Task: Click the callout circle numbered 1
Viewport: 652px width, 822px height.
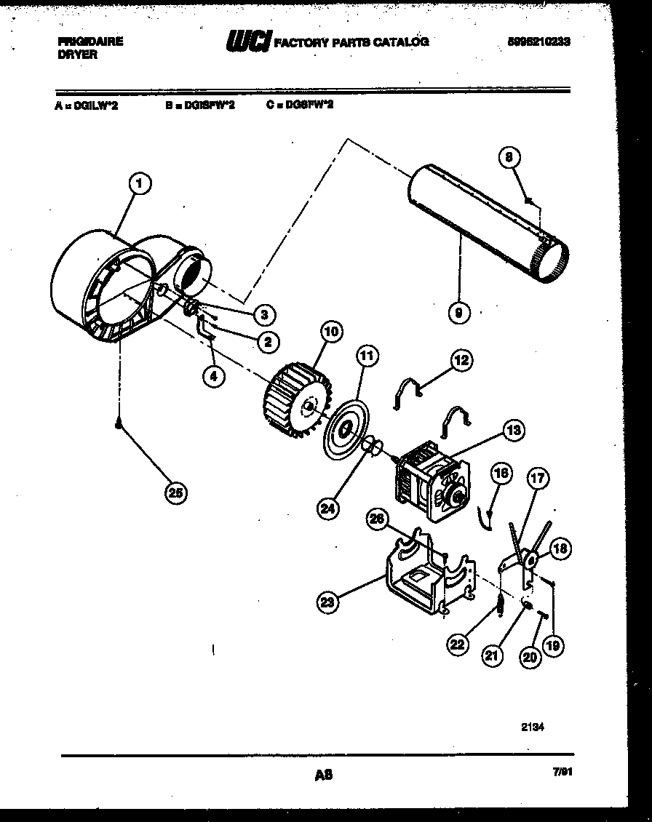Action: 140,183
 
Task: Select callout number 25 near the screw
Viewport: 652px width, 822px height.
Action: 175,494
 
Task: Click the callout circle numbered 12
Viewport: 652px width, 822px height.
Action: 461,359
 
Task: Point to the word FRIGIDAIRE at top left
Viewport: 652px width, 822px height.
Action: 90,41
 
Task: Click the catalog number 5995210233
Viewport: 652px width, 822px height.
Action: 538,42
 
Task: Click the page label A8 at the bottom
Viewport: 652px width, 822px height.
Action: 323,776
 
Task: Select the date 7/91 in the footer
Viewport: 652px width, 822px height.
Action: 561,775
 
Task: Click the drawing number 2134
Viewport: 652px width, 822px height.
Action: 533,725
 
